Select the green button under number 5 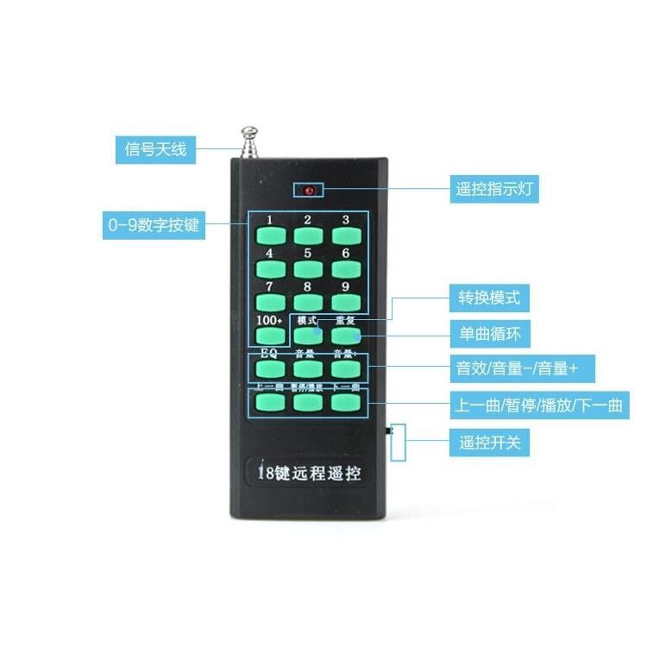(x=307, y=268)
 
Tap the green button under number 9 (x=345, y=301)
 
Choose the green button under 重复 (x=345, y=336)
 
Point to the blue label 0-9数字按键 (x=153, y=226)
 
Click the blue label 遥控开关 (x=488, y=443)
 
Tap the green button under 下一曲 (x=345, y=403)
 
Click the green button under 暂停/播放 (x=307, y=403)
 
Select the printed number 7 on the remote (x=269, y=286)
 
